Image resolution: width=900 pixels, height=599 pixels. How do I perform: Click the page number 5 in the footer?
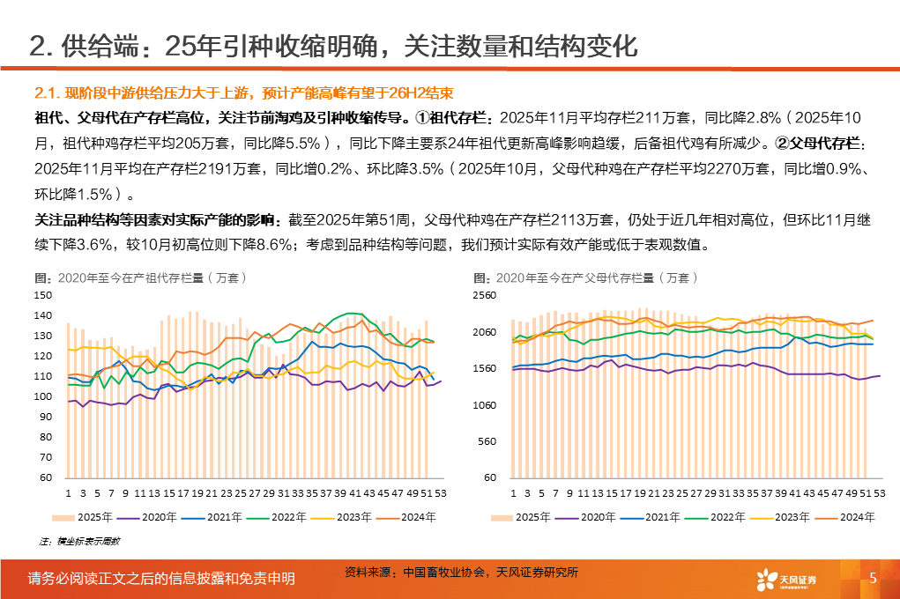[x=873, y=578]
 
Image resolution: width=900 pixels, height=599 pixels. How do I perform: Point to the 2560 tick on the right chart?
[x=486, y=296]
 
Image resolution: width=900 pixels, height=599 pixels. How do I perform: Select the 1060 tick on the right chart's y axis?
[x=486, y=405]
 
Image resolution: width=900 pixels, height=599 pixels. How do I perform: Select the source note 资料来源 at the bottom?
[x=461, y=573]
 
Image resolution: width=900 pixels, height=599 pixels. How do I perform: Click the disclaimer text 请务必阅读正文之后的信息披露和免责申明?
[x=161, y=579]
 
